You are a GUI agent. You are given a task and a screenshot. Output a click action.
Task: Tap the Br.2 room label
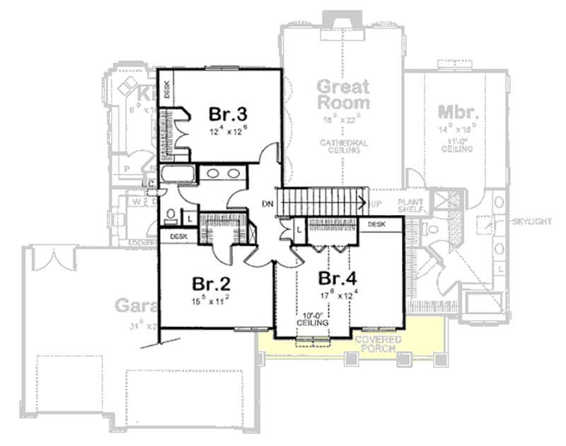point(212,283)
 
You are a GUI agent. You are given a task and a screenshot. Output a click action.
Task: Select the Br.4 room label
point(337,276)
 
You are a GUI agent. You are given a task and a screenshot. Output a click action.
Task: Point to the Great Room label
point(342,95)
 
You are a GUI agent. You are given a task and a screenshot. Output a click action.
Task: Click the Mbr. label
point(459,113)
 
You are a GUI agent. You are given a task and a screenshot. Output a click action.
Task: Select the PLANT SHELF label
point(410,206)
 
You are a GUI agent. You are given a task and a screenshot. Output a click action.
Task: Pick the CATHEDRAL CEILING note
point(343,146)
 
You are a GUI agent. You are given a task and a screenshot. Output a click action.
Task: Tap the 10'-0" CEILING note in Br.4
point(312,319)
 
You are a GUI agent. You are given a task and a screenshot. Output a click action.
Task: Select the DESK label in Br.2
point(178,236)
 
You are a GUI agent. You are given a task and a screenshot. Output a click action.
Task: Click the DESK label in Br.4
point(376,224)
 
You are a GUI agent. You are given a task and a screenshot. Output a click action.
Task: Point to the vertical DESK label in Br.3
point(168,89)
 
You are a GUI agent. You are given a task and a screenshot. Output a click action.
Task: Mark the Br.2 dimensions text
point(212,300)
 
